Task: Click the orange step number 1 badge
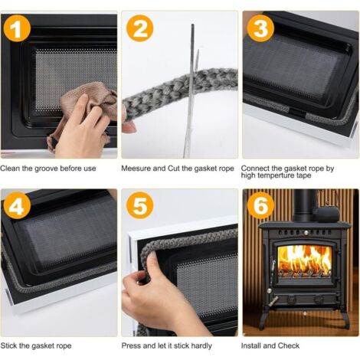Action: [x=17, y=28]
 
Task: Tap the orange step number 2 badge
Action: [x=140, y=28]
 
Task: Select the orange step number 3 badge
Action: [x=260, y=28]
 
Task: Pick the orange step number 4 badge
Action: [x=17, y=206]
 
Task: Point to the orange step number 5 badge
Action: [x=140, y=206]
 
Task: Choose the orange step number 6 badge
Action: [x=260, y=206]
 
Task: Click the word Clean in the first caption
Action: [x=10, y=169]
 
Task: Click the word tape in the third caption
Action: [x=304, y=175]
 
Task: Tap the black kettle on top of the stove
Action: [x=327, y=213]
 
